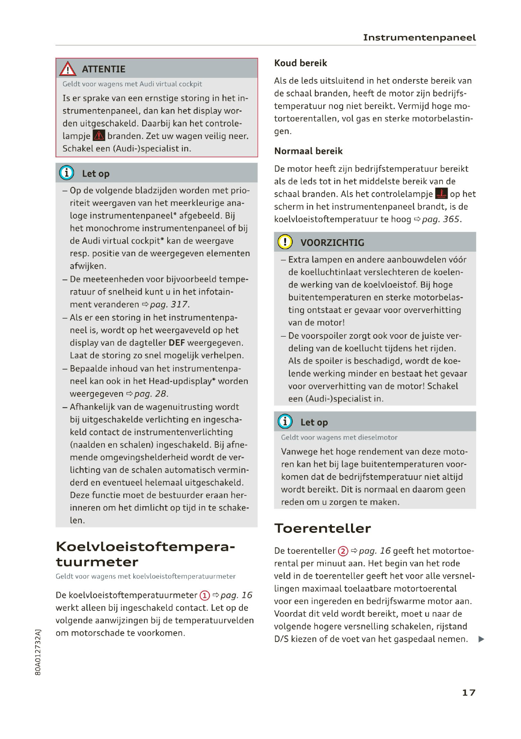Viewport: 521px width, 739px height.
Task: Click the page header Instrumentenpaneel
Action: pos(419,38)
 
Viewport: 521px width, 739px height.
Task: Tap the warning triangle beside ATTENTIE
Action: pos(68,69)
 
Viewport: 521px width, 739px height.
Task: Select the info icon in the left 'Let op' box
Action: pos(67,173)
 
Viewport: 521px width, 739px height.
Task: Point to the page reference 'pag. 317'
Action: pos(169,304)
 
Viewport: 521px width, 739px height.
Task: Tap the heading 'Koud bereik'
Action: pos(301,63)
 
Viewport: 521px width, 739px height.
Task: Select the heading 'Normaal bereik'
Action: pos(308,151)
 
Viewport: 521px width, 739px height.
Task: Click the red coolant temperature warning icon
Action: pos(441,194)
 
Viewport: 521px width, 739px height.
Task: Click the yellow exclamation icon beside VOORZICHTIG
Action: pos(285,242)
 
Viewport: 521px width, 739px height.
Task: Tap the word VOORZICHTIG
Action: pos(332,243)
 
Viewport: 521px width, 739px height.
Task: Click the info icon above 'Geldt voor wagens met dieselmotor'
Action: pos(285,422)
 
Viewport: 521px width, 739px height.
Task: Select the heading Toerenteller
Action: pos(322,528)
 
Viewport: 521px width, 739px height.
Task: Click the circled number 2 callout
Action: pos(343,551)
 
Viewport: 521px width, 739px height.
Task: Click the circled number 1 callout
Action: pos(204,595)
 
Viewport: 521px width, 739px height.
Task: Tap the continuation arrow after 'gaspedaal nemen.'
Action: pos(481,639)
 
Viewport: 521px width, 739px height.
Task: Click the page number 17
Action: pos(469,693)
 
